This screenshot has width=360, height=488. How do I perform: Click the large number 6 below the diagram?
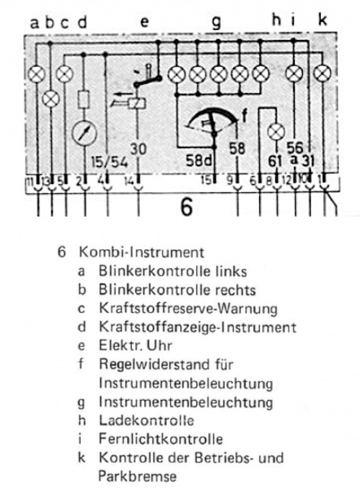[187, 207]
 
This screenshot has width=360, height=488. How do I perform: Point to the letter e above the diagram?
[144, 22]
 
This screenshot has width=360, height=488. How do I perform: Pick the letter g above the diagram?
[216, 22]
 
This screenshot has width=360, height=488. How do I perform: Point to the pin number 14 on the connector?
[129, 178]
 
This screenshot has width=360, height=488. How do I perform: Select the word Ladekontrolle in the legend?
[146, 420]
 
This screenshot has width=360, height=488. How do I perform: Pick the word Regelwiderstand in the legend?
[147, 366]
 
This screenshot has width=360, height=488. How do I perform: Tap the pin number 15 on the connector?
[207, 178]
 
